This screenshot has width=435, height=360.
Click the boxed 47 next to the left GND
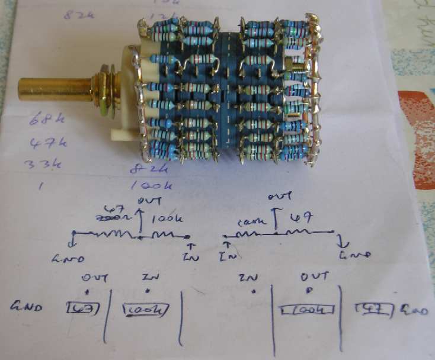click(82, 308)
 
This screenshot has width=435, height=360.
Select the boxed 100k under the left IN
click(146, 309)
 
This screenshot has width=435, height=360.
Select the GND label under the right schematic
click(355, 255)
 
